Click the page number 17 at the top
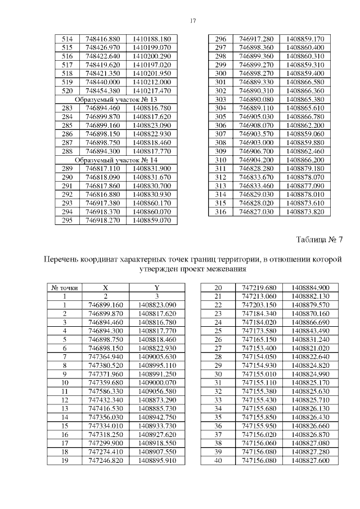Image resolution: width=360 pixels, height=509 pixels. [x=192, y=21]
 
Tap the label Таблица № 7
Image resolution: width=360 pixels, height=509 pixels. [x=319, y=240]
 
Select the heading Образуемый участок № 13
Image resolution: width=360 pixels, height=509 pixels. [x=116, y=99]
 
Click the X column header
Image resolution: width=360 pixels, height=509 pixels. [x=105, y=287]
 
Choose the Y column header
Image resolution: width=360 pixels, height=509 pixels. [x=154, y=287]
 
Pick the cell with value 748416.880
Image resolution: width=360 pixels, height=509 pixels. [x=103, y=39]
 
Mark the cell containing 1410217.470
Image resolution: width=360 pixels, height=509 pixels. [x=152, y=91]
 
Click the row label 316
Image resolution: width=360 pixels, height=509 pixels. [x=221, y=211]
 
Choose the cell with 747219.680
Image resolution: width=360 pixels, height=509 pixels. [x=259, y=287]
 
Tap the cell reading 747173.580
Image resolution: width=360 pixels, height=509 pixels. [x=259, y=330]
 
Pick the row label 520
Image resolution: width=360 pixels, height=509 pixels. [x=67, y=91]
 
